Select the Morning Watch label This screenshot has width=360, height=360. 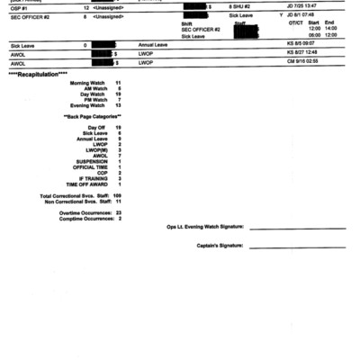[x=86, y=82]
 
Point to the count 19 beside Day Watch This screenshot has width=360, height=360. [x=118, y=94]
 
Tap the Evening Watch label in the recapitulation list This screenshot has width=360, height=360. [x=86, y=105]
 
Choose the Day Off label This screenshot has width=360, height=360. [x=96, y=128]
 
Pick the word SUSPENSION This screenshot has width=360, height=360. [x=91, y=161]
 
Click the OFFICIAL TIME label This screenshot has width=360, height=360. [x=90, y=166]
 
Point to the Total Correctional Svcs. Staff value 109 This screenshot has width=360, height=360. [x=117, y=195]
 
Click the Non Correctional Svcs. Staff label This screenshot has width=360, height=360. [x=75, y=201]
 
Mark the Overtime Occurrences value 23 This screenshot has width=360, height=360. [x=118, y=212]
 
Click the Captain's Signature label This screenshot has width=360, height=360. [x=220, y=245]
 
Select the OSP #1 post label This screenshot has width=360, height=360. [x=18, y=5]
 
